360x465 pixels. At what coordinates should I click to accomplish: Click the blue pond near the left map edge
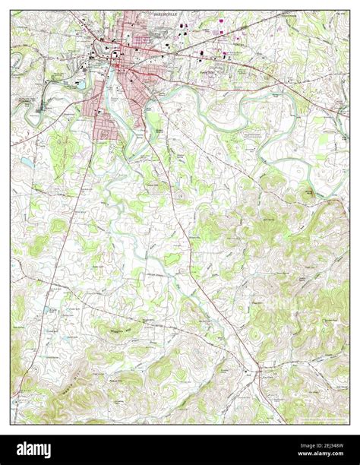27,162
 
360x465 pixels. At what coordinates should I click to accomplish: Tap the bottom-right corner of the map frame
349,424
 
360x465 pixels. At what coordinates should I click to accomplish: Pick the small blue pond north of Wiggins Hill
49,310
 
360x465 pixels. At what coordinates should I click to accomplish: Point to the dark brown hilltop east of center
308,194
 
